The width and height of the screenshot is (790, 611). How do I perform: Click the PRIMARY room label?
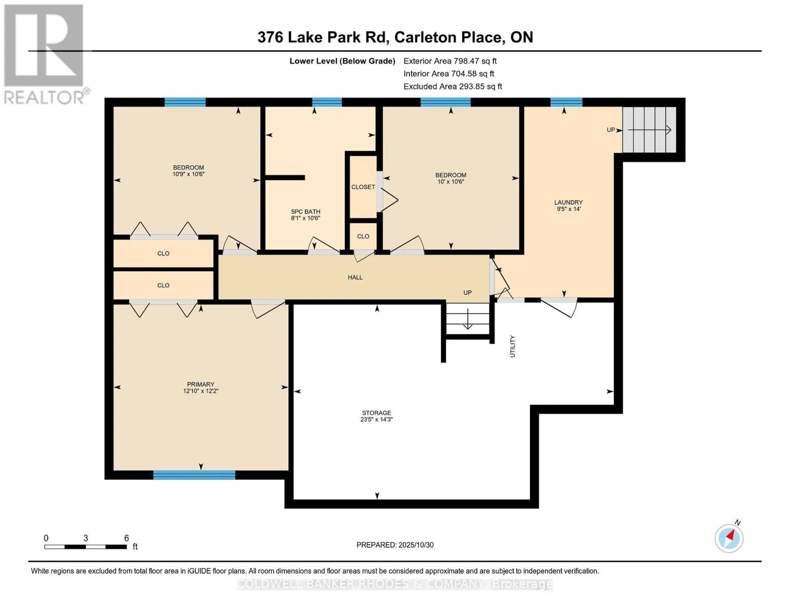[200, 384]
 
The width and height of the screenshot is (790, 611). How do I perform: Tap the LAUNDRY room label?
[568, 202]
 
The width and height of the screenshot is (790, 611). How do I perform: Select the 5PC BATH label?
[305, 212]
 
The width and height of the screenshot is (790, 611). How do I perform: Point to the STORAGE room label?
[376, 413]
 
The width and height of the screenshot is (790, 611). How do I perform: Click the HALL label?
[355, 277]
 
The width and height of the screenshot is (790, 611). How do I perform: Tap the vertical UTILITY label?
[512, 346]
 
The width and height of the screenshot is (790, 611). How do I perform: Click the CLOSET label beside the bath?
[363, 187]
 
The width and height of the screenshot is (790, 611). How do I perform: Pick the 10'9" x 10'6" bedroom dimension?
[188, 174]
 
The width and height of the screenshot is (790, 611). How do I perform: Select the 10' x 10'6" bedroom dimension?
[451, 182]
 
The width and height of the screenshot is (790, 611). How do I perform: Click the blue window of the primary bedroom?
[194, 475]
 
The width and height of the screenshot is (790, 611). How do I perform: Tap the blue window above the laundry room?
[566, 102]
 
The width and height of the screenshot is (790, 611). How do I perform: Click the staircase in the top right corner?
[649, 130]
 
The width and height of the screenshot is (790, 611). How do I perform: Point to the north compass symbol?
[729, 538]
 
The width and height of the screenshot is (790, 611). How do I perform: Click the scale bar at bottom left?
[85, 547]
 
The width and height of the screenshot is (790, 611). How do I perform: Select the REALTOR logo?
[45, 53]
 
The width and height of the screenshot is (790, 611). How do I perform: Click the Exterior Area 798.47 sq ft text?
[450, 61]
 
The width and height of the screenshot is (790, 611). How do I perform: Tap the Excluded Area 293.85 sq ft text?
[452, 87]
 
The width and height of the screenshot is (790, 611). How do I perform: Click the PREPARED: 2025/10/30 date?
[395, 545]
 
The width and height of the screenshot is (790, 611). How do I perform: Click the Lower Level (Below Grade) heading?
[342, 61]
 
